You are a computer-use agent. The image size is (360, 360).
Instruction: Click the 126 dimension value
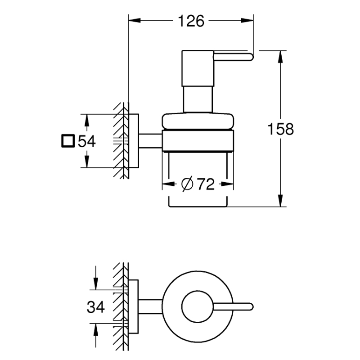tap(191, 21)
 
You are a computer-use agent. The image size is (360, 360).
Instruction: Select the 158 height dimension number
tap(280, 129)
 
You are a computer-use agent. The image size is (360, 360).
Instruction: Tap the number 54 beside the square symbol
tap(87, 141)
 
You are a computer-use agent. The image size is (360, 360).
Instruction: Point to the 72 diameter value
tap(206, 184)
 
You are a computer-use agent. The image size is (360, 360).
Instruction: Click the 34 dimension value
tap(96, 307)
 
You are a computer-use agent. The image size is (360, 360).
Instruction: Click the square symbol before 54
tap(68, 141)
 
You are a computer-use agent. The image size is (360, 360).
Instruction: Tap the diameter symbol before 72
tap(187, 184)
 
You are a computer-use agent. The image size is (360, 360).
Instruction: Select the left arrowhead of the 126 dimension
tap(135, 20)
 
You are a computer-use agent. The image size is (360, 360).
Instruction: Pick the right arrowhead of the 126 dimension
tap(247, 20)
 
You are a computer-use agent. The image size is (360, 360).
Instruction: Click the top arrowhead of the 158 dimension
tap(280, 57)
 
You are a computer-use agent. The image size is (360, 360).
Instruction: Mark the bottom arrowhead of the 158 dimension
tap(280, 201)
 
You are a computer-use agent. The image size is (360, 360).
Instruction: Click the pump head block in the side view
tap(198, 68)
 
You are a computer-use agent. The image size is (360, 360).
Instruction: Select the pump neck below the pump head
tap(198, 99)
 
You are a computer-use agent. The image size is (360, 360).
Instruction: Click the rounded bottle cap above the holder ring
tap(198, 121)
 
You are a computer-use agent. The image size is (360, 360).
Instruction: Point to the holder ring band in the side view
tap(198, 140)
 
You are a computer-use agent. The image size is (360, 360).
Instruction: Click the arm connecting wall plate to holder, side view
tap(150, 141)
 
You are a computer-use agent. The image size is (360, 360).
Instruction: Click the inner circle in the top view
tap(198, 307)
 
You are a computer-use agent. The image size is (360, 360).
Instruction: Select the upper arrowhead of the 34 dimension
tap(96, 284)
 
